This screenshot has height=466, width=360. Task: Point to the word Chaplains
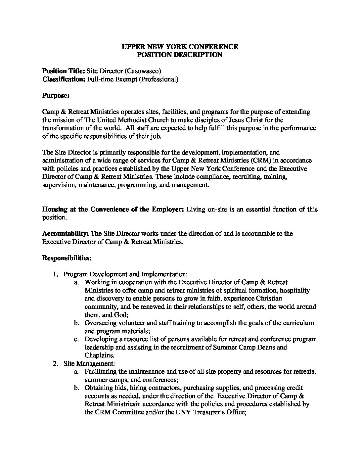coord(99,355)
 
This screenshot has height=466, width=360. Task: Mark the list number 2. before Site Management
coord(55,363)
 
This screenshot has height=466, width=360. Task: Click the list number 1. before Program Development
coord(55,274)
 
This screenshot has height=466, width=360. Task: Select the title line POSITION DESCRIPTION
coord(180,55)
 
